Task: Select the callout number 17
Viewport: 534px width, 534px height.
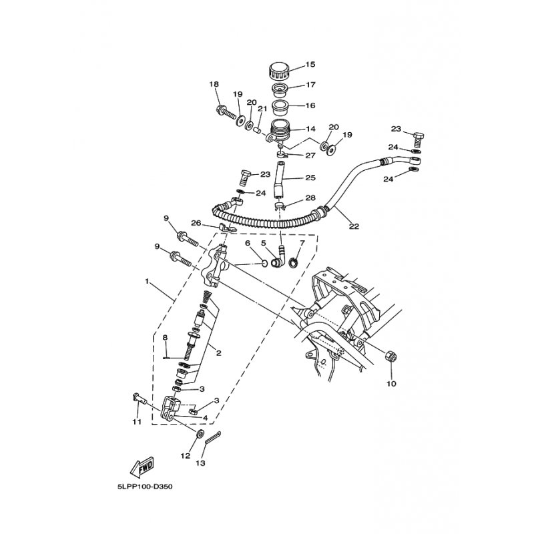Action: (x=310, y=85)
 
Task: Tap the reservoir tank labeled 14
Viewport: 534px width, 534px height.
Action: (x=279, y=130)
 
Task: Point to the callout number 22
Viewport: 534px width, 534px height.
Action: (x=354, y=226)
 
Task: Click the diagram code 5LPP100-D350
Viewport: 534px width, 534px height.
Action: (x=145, y=487)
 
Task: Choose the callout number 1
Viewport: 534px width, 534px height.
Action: (x=147, y=282)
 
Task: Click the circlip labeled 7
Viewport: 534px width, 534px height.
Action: (x=293, y=263)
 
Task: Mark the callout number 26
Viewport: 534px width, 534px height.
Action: (x=196, y=224)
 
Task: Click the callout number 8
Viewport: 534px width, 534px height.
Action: (x=165, y=338)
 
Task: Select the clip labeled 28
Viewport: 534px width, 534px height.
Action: (x=280, y=205)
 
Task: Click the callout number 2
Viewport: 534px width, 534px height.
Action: (x=218, y=353)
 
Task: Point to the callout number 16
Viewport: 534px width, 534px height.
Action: (x=310, y=105)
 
